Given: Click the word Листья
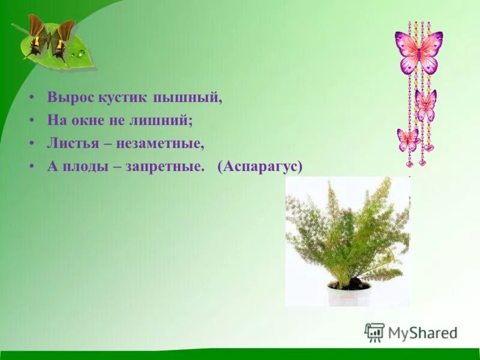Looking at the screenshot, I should tap(70, 143).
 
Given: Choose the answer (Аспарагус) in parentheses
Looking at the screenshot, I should tap(261, 166).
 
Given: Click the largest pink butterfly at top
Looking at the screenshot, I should tap(419, 52).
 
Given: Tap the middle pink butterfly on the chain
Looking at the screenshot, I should tap(425, 103).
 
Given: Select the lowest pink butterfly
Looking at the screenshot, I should tap(408, 139).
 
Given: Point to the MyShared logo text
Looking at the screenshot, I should tap(422, 332).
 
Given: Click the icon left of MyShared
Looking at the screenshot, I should tap(374, 332).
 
